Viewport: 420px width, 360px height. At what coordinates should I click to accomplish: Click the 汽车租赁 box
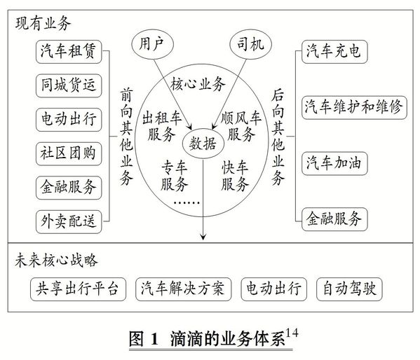click(69, 52)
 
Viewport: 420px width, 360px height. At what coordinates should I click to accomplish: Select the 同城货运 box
click(69, 85)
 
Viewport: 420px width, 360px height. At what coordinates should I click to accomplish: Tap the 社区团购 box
click(69, 153)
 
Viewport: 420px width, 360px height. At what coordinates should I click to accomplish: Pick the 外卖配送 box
click(69, 221)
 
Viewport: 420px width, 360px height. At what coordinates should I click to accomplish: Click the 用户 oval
click(152, 44)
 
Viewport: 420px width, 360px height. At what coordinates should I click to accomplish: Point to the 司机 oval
click(251, 44)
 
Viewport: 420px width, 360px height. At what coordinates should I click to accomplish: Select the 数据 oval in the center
click(203, 144)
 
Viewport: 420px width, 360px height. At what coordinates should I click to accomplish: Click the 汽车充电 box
click(334, 52)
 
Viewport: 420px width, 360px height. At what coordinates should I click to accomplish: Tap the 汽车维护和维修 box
click(354, 107)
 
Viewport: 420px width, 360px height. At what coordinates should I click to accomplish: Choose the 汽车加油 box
click(334, 163)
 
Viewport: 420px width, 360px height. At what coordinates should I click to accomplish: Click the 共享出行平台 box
click(78, 289)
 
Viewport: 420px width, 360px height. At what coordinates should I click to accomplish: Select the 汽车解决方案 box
click(183, 289)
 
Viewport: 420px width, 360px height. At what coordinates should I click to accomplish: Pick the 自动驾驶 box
click(349, 289)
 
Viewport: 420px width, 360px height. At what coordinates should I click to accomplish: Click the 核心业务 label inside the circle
click(198, 84)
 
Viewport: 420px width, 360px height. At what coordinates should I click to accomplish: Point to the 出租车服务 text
click(162, 126)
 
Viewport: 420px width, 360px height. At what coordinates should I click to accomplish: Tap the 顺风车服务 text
click(241, 126)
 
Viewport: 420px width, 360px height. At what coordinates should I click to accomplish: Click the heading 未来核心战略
click(56, 260)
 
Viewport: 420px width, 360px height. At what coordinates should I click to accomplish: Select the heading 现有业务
click(43, 23)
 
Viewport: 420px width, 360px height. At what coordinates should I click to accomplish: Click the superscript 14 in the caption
click(292, 333)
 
